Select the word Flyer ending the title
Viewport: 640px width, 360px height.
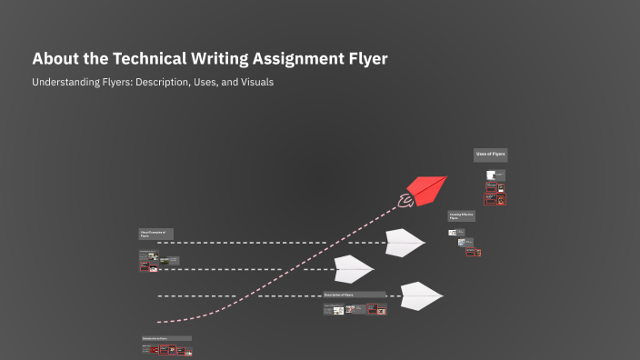pyautogui.click(x=364, y=59)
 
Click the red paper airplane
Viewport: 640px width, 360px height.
pyautogui.click(x=427, y=189)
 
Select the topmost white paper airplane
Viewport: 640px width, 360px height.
pyautogui.click(x=405, y=242)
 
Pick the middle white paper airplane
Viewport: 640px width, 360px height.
pyautogui.click(x=354, y=269)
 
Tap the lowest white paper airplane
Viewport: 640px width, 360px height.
pyautogui.click(x=421, y=295)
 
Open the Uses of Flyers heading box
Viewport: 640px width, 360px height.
pyautogui.click(x=490, y=155)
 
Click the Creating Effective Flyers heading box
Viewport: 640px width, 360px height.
pyautogui.click(x=461, y=216)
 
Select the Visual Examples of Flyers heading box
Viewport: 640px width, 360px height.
pyautogui.click(x=155, y=234)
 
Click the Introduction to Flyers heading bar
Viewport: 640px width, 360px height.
pyautogui.click(x=166, y=338)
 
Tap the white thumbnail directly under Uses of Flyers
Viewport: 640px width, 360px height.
pyautogui.click(x=491, y=175)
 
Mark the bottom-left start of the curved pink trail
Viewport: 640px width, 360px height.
pyautogui.click(x=159, y=322)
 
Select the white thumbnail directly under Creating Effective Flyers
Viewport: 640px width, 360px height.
pyautogui.click(x=452, y=233)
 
